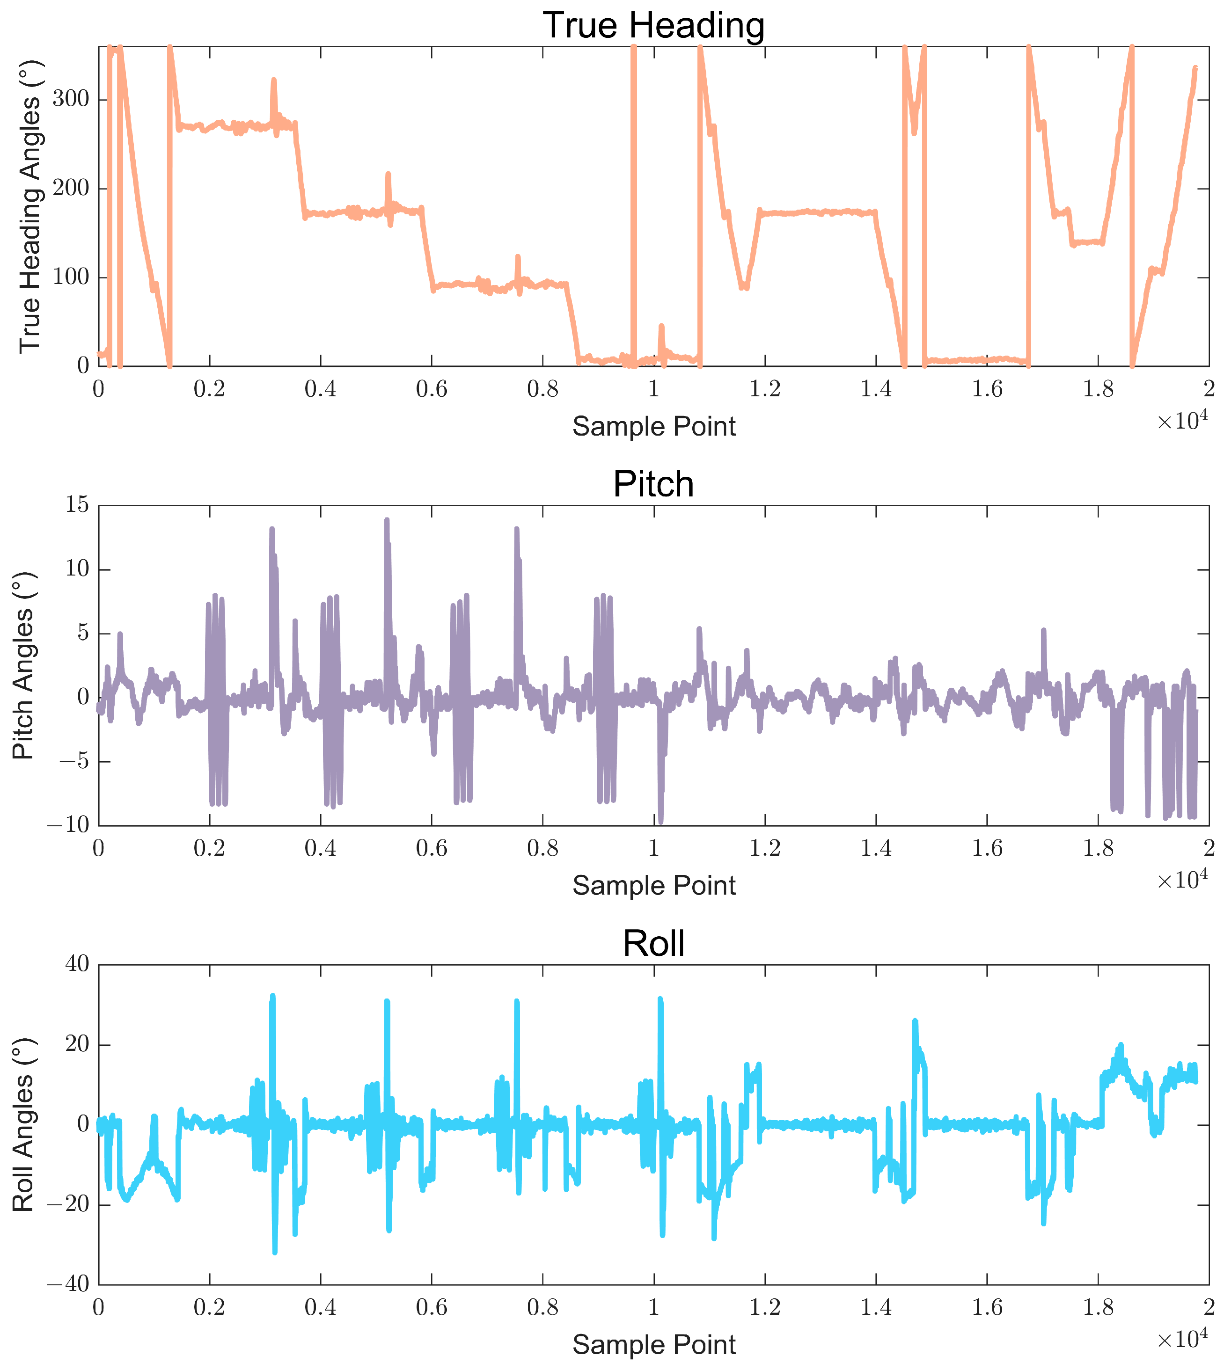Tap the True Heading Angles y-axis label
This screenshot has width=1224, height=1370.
click(x=29, y=206)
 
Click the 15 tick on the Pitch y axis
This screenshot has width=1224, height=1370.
click(x=77, y=505)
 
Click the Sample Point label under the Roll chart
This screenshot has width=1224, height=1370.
click(x=654, y=1344)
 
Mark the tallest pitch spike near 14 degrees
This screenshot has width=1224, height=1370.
click(x=387, y=520)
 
